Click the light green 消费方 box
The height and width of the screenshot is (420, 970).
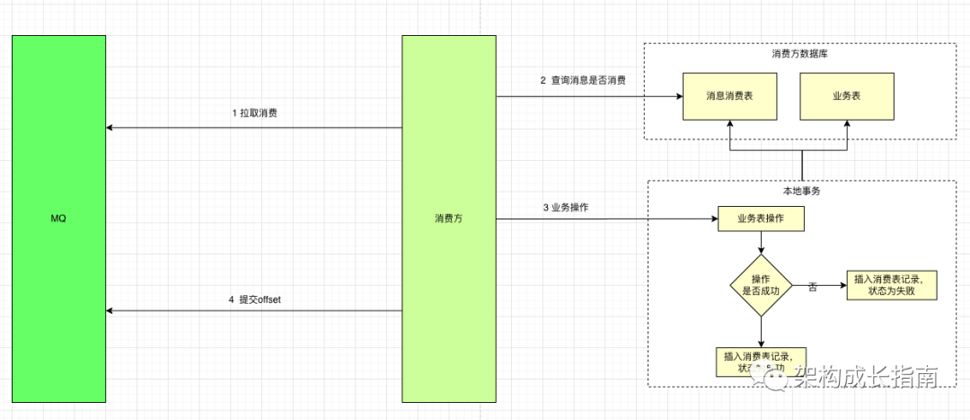coord(449,219)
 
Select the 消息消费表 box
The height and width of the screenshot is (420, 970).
coord(729,96)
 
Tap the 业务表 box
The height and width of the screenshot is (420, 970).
coord(847,96)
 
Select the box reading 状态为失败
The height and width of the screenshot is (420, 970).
coord(891,285)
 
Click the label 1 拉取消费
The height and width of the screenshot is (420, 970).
coord(254,113)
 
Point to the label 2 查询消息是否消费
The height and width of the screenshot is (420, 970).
coord(583,80)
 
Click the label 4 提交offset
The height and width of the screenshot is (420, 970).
coord(254,299)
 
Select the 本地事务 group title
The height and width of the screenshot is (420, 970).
coord(801,191)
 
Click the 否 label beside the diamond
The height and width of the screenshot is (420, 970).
coord(813,286)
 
